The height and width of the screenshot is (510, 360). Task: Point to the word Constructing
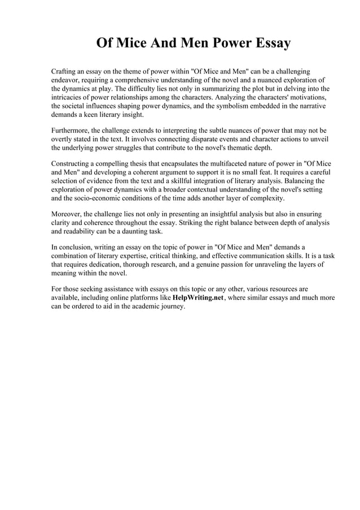73,164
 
